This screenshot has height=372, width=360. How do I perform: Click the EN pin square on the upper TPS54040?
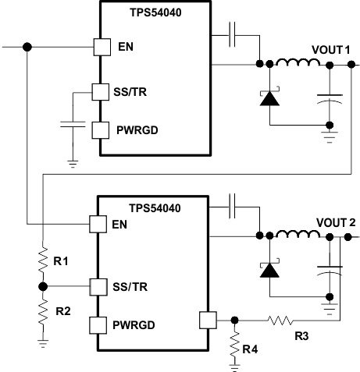pos(102,47)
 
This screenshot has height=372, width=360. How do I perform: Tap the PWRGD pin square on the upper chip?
pos(101,129)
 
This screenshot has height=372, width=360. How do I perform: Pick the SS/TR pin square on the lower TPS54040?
pos(98,286)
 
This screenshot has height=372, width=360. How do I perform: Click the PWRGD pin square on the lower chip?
pos(98,324)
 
